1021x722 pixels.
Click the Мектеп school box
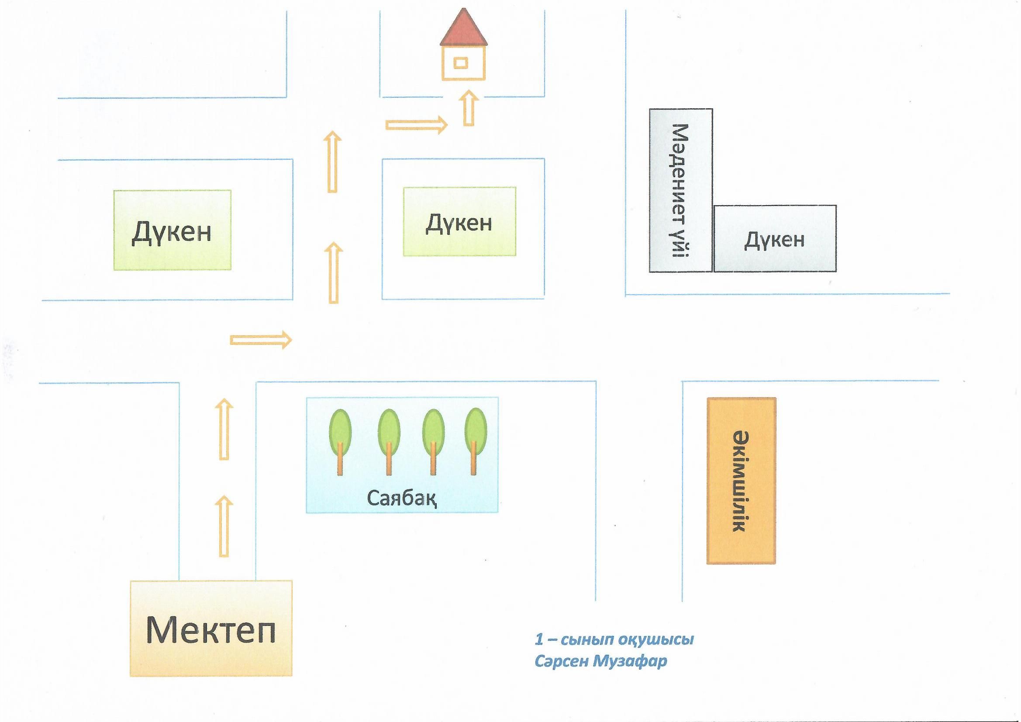211,628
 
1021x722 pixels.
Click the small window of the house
461,63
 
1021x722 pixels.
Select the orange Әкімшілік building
741,481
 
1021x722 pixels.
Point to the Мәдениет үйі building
680,190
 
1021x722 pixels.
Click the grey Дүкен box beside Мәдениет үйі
775,239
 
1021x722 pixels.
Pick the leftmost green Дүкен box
172,230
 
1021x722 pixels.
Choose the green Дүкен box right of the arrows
459,221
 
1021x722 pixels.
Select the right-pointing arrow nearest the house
416,125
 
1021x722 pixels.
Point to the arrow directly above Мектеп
224,526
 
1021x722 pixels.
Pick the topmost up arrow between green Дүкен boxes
332,162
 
